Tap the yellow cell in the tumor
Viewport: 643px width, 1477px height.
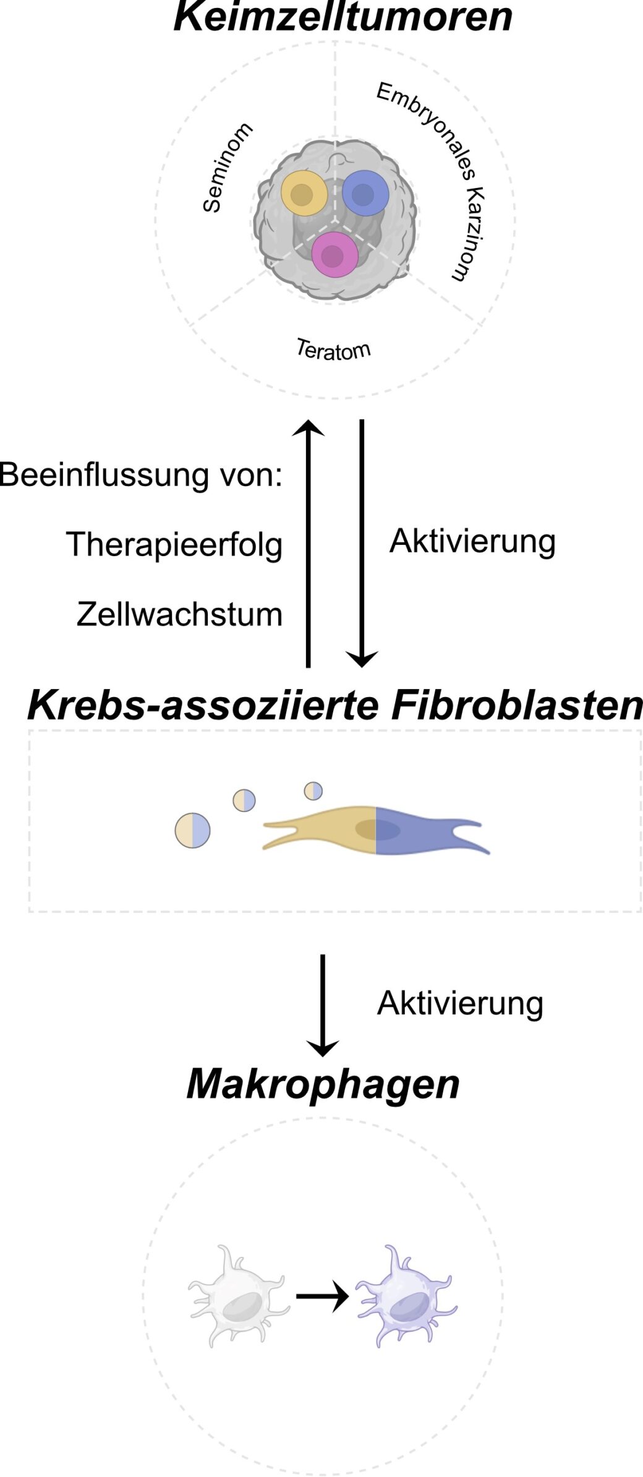click(x=304, y=194)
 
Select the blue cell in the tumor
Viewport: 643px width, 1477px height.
click(x=365, y=193)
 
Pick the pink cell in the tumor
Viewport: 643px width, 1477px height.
click(x=334, y=255)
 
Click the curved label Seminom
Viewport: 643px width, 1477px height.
click(x=227, y=168)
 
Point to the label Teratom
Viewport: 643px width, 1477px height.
click(x=333, y=350)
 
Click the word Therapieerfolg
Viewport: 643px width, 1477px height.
click(x=174, y=545)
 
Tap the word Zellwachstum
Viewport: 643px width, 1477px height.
click(x=179, y=615)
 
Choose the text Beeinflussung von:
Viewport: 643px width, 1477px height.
click(x=141, y=475)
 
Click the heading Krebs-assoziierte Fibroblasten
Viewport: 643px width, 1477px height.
click(x=334, y=705)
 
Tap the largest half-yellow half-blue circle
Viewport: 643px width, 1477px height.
click(x=193, y=830)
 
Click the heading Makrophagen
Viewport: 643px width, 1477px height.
click(x=323, y=1083)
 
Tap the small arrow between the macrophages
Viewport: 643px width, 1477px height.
click(x=322, y=1296)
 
